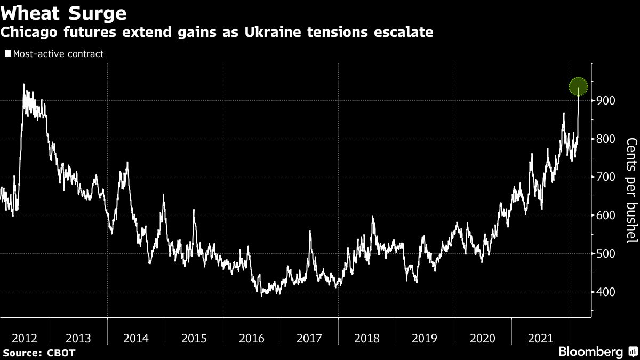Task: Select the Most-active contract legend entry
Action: pyautogui.click(x=54, y=54)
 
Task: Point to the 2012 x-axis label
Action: pyautogui.click(x=25, y=338)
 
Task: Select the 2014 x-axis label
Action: pyautogui.click(x=136, y=338)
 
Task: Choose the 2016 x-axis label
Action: pyautogui.click(x=251, y=338)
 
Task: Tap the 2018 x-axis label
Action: pyautogui.click(x=367, y=338)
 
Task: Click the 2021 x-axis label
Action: pyautogui.click(x=540, y=338)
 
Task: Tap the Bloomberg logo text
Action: pyautogui.click(x=590, y=351)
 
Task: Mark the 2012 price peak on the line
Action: pyautogui.click(x=23, y=84)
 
